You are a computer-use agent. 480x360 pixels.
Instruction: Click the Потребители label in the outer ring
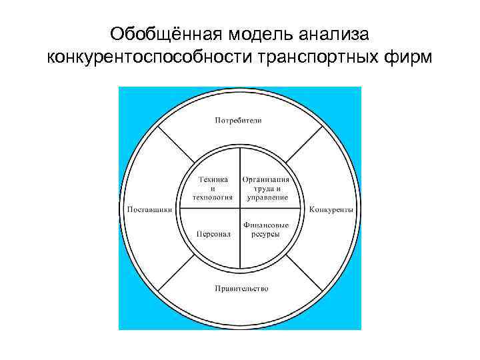pos(238,121)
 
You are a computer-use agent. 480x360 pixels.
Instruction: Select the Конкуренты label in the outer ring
pos(331,209)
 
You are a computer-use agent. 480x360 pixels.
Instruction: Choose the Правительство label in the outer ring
pos(241,289)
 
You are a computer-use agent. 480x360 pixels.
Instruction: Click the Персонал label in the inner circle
pos(213,234)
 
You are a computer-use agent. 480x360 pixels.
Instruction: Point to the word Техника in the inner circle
pos(213,180)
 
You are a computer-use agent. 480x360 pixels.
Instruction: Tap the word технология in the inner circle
pos(213,197)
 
